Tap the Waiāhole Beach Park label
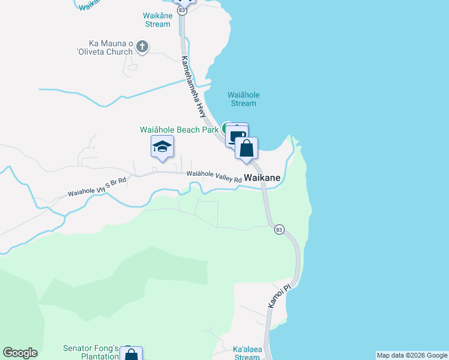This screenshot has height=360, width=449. (179, 129)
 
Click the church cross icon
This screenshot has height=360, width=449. (142, 46)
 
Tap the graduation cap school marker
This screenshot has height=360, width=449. (162, 146)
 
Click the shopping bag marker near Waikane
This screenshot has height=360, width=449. (246, 148)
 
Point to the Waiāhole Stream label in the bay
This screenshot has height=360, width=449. (242, 99)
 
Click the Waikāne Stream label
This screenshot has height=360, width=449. (158, 20)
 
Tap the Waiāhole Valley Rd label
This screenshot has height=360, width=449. (214, 176)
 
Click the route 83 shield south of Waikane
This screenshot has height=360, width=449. (279, 230)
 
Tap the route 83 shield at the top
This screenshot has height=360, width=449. (182, 11)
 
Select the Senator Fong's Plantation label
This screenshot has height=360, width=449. (91, 352)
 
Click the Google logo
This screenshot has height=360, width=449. (20, 353)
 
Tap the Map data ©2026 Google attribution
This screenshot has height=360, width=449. (412, 355)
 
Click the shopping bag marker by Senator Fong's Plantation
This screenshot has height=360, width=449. (131, 355)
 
